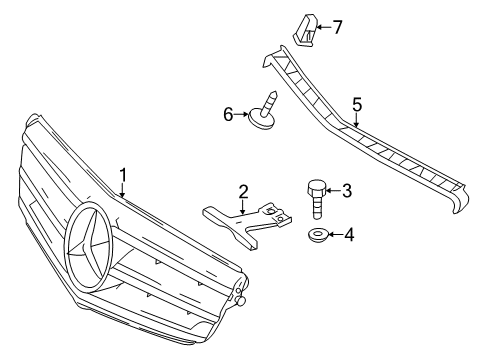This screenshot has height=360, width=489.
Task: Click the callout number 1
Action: pyautogui.click(x=123, y=175)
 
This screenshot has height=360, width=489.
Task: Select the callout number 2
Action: pyautogui.click(x=243, y=192)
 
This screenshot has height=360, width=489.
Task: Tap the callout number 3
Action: pyautogui.click(x=347, y=191)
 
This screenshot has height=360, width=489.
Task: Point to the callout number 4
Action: pyautogui.click(x=349, y=235)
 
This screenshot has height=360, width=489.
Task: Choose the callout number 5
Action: pyautogui.click(x=357, y=105)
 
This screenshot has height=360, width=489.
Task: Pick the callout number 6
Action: pyautogui.click(x=228, y=115)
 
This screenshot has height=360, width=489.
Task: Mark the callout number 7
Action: pyautogui.click(x=337, y=27)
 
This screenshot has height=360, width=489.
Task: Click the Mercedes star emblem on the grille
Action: pyautogui.click(x=89, y=246)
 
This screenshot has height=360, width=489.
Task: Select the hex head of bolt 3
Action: pyautogui.click(x=315, y=188)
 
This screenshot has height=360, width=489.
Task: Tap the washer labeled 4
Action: pyautogui.click(x=317, y=235)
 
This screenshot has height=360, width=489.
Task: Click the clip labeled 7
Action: pyautogui.click(x=305, y=30)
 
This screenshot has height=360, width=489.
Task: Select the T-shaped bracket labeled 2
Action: pyautogui.click(x=247, y=224)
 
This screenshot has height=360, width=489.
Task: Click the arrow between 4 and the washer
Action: pyautogui.click(x=335, y=235)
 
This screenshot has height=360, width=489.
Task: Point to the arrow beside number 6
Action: pyautogui.click(x=241, y=115)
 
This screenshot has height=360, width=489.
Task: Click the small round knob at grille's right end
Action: pyautogui.click(x=240, y=301)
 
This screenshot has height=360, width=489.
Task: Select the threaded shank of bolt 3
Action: pyautogui.click(x=317, y=207)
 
